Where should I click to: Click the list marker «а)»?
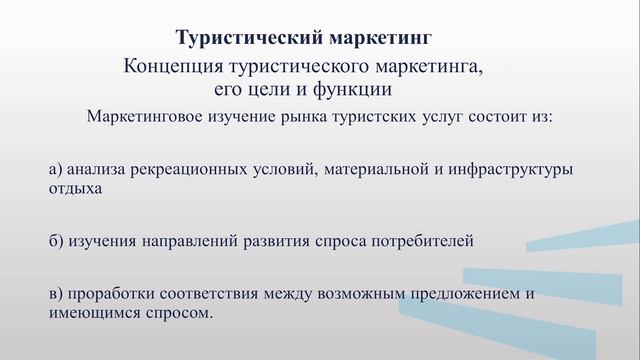click(56, 170)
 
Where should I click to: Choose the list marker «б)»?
click(56, 241)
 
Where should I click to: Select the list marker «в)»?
click(56, 296)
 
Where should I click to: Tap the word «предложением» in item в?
click(468, 296)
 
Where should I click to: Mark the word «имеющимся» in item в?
click(90, 313)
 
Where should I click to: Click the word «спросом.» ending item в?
click(181, 313)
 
